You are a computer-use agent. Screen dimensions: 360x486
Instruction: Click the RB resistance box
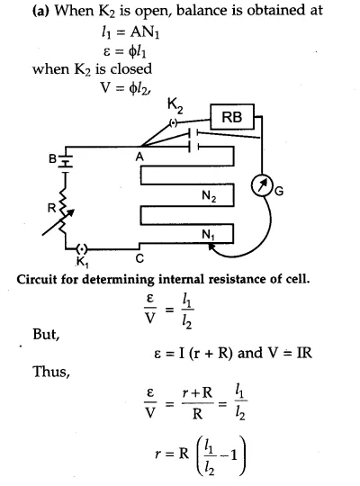232,117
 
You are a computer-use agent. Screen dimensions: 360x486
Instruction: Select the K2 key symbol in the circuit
174,123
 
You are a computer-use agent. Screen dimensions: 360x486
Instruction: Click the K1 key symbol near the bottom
82,249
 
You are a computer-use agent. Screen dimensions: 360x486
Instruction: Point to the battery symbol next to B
66,160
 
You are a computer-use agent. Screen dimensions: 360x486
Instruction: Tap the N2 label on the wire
209,196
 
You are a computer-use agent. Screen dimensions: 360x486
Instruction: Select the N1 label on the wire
208,235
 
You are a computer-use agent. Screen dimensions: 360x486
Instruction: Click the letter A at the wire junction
139,157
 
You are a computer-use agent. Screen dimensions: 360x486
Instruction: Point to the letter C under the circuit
139,258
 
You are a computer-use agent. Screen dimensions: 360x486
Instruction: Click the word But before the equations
46,335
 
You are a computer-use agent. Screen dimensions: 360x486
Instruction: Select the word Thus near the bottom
51,372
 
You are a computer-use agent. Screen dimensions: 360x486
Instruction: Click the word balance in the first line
197,11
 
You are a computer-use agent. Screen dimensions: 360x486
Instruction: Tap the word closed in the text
131,68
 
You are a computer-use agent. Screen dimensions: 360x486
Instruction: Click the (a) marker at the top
41,11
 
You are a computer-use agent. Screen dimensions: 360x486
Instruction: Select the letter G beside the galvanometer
279,191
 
